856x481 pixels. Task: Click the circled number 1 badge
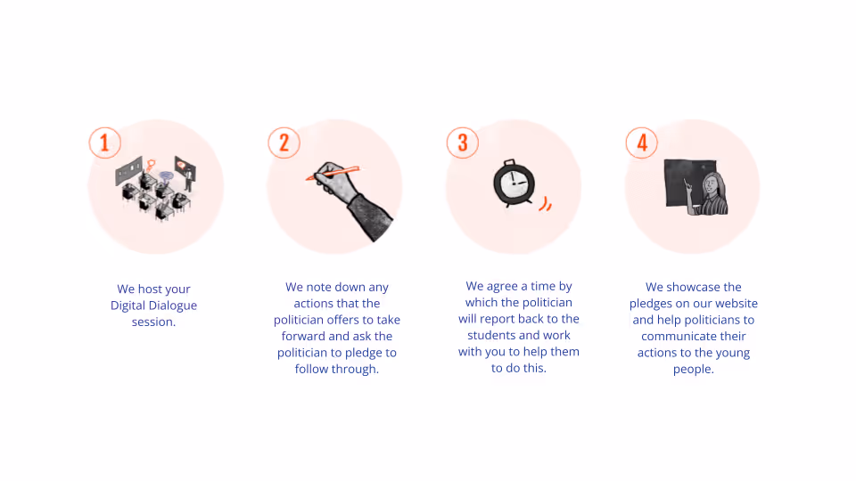(x=105, y=143)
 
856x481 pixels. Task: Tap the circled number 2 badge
(x=284, y=143)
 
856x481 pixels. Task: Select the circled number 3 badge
(x=463, y=143)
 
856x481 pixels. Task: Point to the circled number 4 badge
(x=641, y=143)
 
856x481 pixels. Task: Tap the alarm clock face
(x=514, y=183)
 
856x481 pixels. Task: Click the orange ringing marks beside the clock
(x=546, y=203)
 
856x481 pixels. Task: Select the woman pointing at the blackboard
(x=709, y=193)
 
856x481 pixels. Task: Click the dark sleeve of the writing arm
(x=369, y=216)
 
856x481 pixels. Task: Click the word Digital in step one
(x=128, y=306)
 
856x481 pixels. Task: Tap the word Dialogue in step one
(x=172, y=306)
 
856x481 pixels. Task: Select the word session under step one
(x=153, y=322)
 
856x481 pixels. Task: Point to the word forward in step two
(x=303, y=336)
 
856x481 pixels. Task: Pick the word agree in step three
(x=502, y=287)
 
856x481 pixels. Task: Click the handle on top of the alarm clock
(x=510, y=162)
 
